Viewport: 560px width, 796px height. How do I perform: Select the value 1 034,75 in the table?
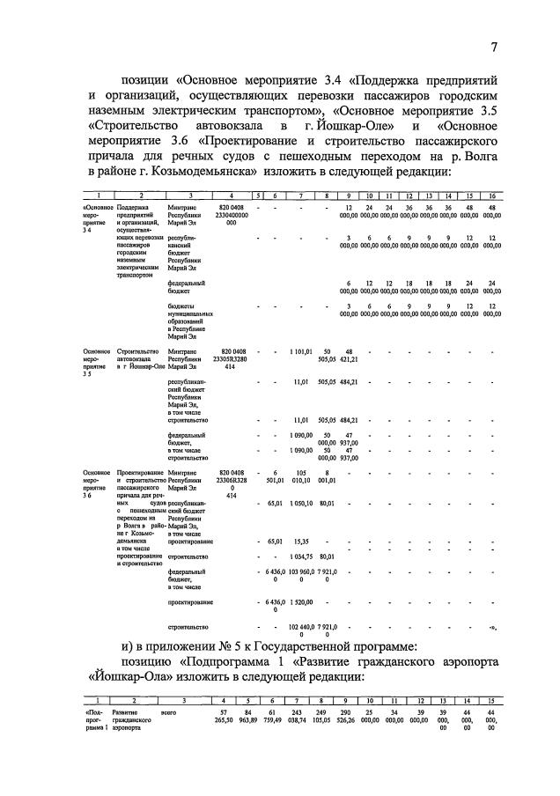pyautogui.click(x=301, y=556)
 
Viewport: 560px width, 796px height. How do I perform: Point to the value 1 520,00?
pyautogui.click(x=301, y=602)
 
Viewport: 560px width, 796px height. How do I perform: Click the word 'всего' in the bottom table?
pyautogui.click(x=164, y=711)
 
